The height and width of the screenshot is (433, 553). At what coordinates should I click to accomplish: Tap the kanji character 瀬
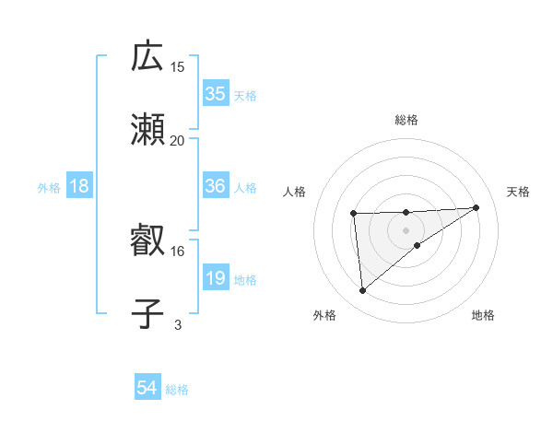147,131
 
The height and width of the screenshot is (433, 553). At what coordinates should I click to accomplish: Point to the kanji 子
147,314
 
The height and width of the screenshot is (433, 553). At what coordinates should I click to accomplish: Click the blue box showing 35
216,93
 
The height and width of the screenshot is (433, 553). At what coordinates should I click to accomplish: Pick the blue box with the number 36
216,186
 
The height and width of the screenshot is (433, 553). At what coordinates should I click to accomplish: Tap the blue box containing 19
216,279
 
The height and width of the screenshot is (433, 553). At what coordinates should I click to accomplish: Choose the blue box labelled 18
79,186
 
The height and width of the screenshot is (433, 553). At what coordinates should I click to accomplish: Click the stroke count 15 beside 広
178,66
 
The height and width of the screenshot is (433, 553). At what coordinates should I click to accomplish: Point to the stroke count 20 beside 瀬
178,140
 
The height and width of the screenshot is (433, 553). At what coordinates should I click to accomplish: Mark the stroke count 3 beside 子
178,324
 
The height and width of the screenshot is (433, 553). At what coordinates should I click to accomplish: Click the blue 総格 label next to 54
177,390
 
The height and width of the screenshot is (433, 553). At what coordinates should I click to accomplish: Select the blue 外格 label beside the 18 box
49,187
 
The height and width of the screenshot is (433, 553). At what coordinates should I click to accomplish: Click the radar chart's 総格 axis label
406,120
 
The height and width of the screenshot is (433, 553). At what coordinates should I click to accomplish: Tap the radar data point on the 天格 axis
477,207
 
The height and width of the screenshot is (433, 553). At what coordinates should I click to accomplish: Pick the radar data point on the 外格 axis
363,291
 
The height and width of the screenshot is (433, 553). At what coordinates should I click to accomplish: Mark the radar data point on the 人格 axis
354,214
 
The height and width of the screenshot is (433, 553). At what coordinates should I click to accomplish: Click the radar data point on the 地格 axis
418,245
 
